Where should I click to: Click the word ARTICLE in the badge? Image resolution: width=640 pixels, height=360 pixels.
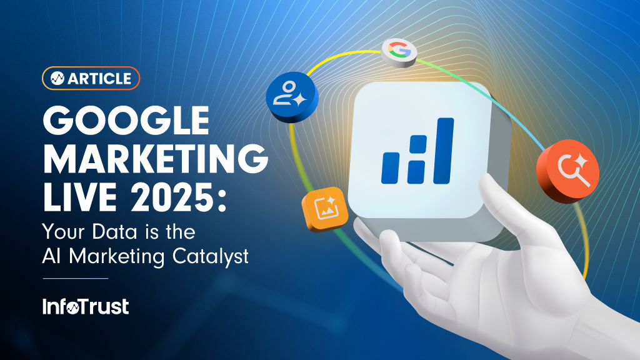pyautogui.click(x=99, y=78)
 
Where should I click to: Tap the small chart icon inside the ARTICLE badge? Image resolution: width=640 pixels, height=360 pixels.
pyautogui.click(x=57, y=78)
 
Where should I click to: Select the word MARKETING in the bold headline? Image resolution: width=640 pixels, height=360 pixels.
pyautogui.click(x=156, y=159)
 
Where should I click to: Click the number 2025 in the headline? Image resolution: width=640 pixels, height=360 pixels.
pyautogui.click(x=174, y=197)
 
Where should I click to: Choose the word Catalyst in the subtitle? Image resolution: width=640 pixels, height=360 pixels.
pyautogui.click(x=210, y=257)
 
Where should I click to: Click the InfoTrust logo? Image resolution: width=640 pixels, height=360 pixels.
pyautogui.click(x=86, y=306)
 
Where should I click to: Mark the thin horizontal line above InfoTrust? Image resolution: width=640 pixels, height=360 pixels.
pyautogui.click(x=76, y=278)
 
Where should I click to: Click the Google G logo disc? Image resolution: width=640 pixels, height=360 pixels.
pyautogui.click(x=399, y=52)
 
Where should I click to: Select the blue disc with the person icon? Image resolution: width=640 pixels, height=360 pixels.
pyautogui.click(x=292, y=97)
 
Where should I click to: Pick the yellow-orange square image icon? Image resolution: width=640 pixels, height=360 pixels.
pyautogui.click(x=325, y=209)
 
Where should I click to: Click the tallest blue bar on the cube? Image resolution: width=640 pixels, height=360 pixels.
pyautogui.click(x=444, y=151)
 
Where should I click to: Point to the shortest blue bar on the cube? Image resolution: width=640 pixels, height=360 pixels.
pyautogui.click(x=390, y=167)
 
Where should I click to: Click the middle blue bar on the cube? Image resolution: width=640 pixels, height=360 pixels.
pyautogui.click(x=417, y=159)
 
